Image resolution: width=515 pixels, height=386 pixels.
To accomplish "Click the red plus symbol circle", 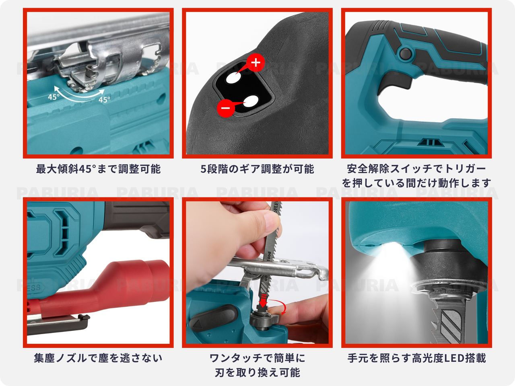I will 256,62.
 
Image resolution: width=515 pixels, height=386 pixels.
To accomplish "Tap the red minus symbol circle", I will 226,108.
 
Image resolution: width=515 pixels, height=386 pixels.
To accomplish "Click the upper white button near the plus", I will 233,78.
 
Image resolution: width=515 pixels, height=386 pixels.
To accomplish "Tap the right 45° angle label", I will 104,99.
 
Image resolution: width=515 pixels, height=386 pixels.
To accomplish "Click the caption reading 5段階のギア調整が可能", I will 257,169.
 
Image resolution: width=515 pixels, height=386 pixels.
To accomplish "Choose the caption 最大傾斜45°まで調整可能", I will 98,169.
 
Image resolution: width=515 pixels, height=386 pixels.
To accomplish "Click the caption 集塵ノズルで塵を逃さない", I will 98,358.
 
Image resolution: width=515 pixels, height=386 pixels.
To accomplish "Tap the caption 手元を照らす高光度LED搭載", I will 416,358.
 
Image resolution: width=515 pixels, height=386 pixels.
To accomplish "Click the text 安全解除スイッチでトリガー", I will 416,168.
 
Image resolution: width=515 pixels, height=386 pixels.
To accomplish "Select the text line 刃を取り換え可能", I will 257,373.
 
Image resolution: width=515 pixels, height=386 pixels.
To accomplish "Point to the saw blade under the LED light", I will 451,318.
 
